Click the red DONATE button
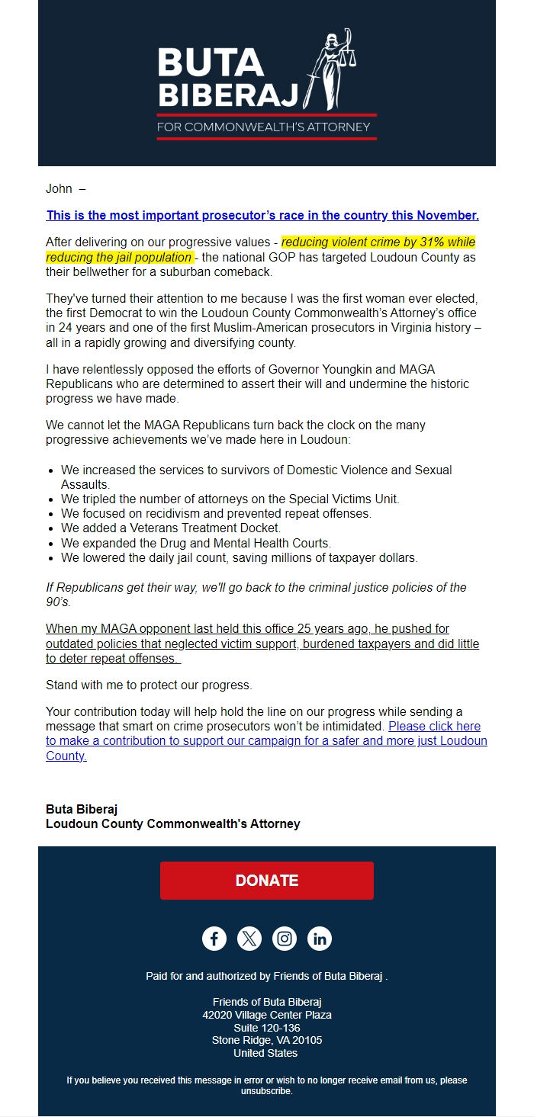point(266,881)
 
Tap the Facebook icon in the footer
point(214,939)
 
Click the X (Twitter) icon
point(249,939)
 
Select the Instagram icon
point(285,939)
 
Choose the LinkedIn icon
point(320,939)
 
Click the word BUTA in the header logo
point(210,63)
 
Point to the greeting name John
point(59,189)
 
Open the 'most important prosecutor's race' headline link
point(262,216)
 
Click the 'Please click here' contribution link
point(434,727)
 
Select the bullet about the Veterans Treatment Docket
point(171,528)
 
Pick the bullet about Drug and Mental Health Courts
point(196,543)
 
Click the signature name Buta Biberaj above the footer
point(82,809)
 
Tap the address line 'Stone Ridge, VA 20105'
point(266,1040)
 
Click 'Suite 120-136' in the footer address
point(266,1028)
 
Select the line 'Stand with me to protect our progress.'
point(149,685)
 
